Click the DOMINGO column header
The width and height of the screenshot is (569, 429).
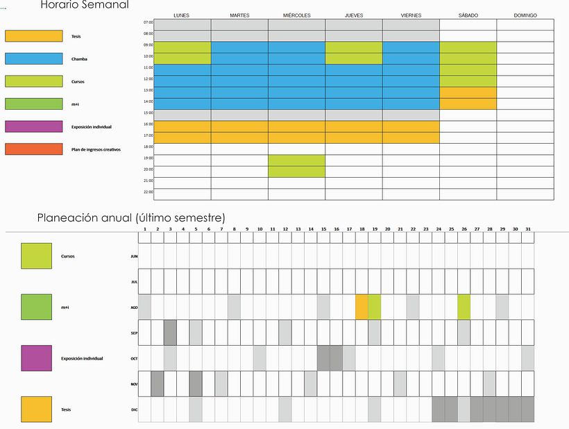(525, 15)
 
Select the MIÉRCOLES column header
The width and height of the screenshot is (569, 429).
(297, 15)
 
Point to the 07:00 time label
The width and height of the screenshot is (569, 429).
(148, 22)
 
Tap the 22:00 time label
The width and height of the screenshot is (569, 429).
(148, 192)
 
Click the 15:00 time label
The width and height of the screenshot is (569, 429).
(148, 112)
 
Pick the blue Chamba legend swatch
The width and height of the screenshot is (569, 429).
(33, 59)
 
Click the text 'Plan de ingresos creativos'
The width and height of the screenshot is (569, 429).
(96, 149)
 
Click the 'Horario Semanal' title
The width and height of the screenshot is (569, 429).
(85, 5)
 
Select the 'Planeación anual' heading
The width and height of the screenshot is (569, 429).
(131, 218)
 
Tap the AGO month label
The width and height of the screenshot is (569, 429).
(134, 307)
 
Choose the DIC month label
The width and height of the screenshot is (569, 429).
(134, 410)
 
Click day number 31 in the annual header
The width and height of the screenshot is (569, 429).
(528, 229)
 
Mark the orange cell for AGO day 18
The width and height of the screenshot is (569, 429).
(362, 307)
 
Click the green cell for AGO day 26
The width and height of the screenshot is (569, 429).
(464, 307)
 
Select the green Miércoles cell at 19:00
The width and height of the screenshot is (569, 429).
(297, 160)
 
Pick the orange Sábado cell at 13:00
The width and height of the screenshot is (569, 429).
(468, 92)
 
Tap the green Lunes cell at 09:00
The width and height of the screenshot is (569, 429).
(182, 47)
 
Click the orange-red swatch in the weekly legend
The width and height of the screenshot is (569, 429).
(33, 149)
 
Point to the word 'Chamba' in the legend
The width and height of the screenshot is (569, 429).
(79, 59)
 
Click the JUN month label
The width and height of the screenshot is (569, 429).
(134, 256)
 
